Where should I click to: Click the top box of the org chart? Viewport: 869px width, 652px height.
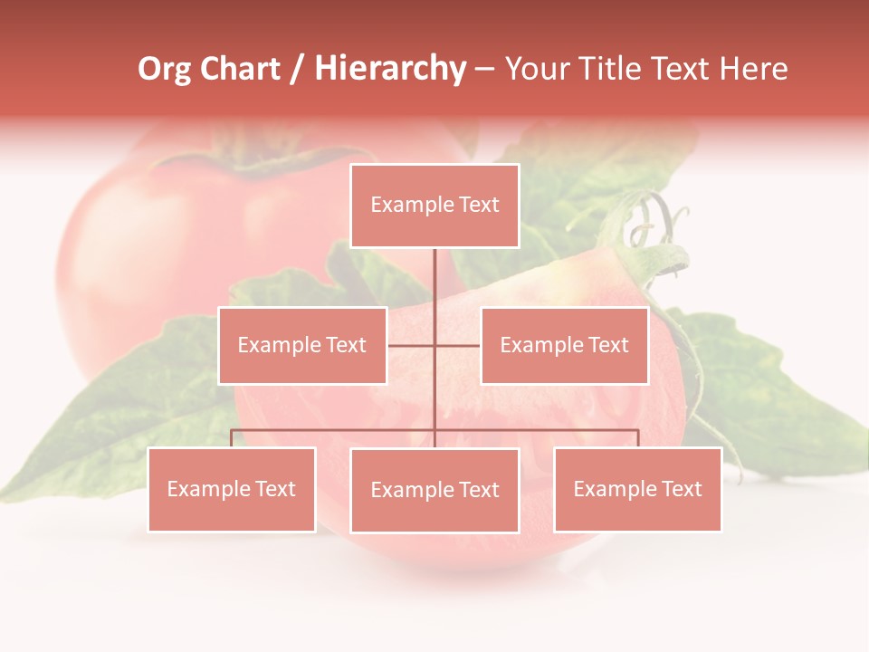coord(434,206)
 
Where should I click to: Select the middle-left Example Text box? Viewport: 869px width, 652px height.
coord(302,345)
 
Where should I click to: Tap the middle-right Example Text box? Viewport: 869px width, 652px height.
coord(564,345)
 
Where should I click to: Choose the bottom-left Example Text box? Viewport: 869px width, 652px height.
coord(232,489)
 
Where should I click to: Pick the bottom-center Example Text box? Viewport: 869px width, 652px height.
coord(434,490)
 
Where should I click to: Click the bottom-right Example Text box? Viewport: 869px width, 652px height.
coord(637,489)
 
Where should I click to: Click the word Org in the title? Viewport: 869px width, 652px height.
coord(164,69)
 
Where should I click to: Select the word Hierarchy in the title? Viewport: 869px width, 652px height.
coord(390,69)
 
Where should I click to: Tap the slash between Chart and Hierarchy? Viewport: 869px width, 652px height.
coord(298,69)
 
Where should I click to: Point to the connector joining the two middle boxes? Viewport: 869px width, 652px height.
coord(434,345)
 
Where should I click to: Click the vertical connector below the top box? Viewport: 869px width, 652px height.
coord(434,281)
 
